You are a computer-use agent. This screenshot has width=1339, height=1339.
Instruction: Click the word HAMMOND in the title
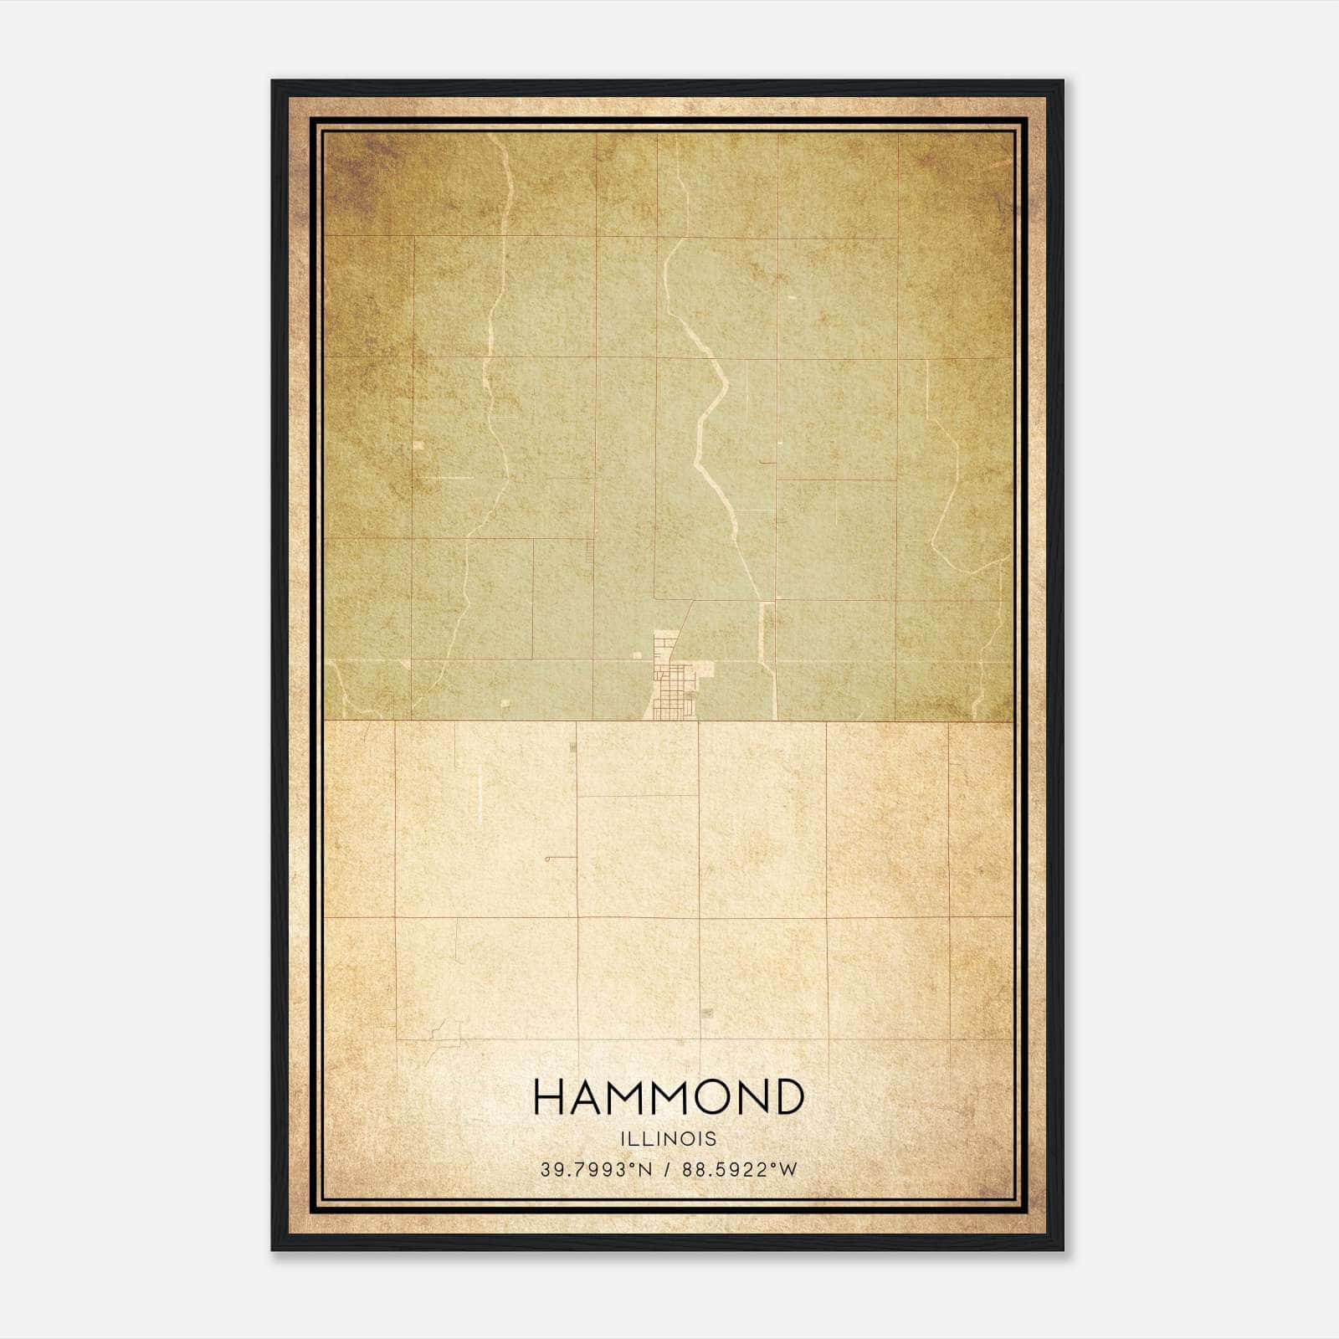click(x=669, y=1097)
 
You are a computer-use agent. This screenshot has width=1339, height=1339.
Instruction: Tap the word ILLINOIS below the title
click(x=669, y=1139)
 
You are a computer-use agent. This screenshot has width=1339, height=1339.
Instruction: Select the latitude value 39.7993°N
click(x=595, y=1170)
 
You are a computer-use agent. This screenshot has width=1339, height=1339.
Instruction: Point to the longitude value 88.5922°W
click(x=740, y=1170)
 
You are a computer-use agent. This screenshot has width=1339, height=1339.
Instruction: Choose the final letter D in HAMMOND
click(x=787, y=1097)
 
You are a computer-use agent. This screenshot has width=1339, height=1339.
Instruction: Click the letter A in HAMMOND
click(x=587, y=1097)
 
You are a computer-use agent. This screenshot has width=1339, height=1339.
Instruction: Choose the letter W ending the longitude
click(x=789, y=1170)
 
